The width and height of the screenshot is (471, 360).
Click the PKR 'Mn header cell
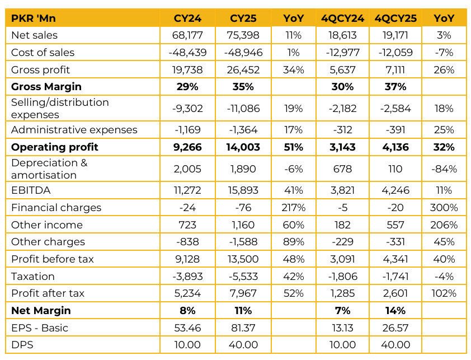click(x=34, y=18)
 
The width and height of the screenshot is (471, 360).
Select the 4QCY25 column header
click(x=395, y=18)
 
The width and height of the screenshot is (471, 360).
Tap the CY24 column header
click(x=187, y=18)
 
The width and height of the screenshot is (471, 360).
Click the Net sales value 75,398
click(x=243, y=35)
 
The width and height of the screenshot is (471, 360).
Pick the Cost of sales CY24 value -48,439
click(x=187, y=53)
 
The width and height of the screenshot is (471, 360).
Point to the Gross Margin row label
click(x=46, y=87)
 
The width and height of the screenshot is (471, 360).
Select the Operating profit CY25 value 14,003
click(x=243, y=147)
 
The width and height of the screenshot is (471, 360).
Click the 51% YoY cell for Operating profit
click(x=294, y=147)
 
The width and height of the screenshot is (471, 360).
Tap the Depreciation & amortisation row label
click(x=49, y=169)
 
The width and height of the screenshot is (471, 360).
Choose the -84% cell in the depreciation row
click(x=444, y=169)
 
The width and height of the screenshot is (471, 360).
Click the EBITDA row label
click(x=31, y=190)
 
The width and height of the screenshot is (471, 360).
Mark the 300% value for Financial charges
click(x=444, y=208)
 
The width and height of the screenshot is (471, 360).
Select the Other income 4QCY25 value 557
click(x=395, y=225)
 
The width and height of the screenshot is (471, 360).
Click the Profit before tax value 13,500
click(x=243, y=259)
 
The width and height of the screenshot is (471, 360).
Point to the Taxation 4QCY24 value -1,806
click(x=342, y=277)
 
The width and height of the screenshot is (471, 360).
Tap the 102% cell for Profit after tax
click(x=444, y=293)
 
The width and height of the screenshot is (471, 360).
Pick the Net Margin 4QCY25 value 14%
click(x=395, y=310)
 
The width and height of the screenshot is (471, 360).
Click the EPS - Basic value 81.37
click(x=243, y=328)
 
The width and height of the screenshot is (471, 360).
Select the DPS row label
click(x=22, y=345)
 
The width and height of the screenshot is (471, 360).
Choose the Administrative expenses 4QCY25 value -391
click(x=395, y=130)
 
